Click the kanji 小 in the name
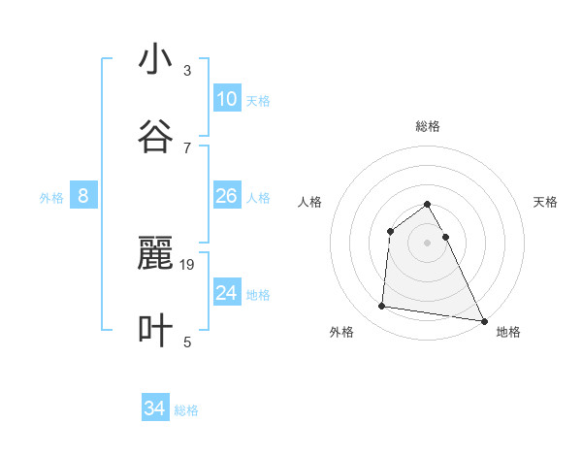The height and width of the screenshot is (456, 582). click(155, 60)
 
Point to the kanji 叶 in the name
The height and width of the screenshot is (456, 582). click(155, 330)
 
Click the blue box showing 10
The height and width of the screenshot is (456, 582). click(226, 99)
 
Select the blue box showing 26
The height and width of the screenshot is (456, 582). click(226, 196)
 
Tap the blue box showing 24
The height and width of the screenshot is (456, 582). click(226, 292)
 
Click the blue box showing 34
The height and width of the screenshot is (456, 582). click(154, 408)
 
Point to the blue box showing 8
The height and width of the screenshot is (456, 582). click(82, 196)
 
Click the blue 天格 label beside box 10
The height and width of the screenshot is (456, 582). click(258, 101)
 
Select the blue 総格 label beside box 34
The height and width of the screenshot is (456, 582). click(186, 410)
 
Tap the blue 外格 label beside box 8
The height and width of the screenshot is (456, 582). click(51, 198)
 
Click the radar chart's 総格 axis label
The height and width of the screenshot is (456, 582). click(427, 126)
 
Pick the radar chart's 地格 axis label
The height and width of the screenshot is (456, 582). click(508, 332)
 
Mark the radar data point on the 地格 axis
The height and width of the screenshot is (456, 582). click(484, 321)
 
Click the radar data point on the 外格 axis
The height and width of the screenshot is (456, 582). click(382, 307)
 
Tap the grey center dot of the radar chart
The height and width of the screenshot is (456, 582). click(427, 243)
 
